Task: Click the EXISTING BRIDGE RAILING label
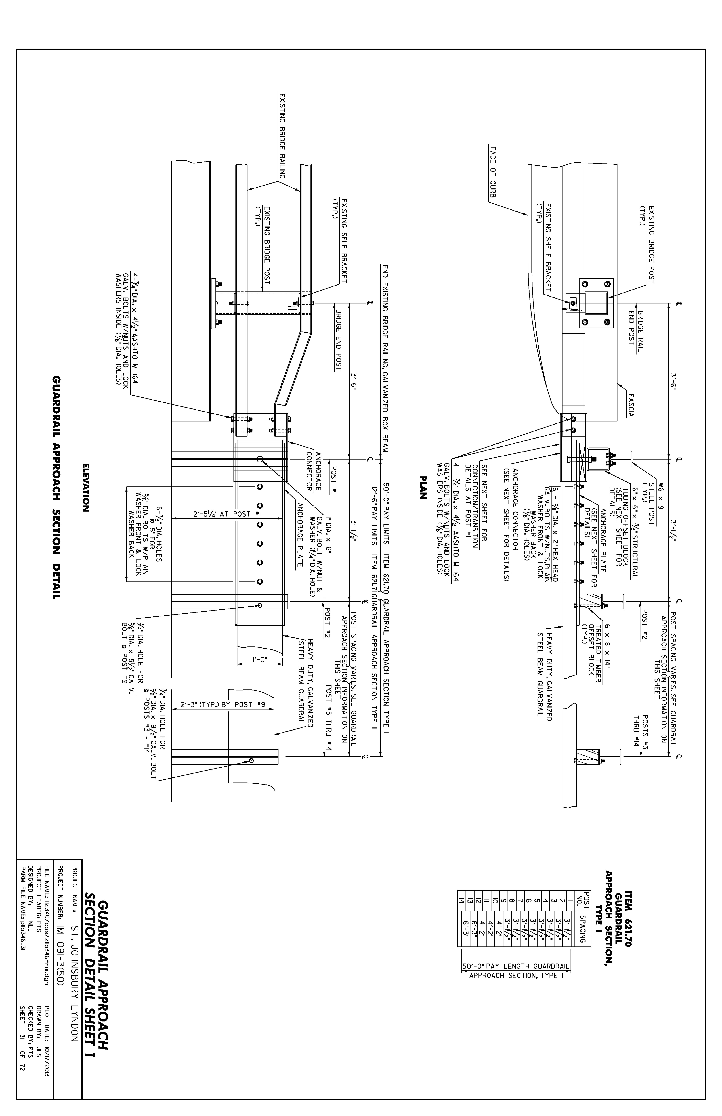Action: (282, 136)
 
